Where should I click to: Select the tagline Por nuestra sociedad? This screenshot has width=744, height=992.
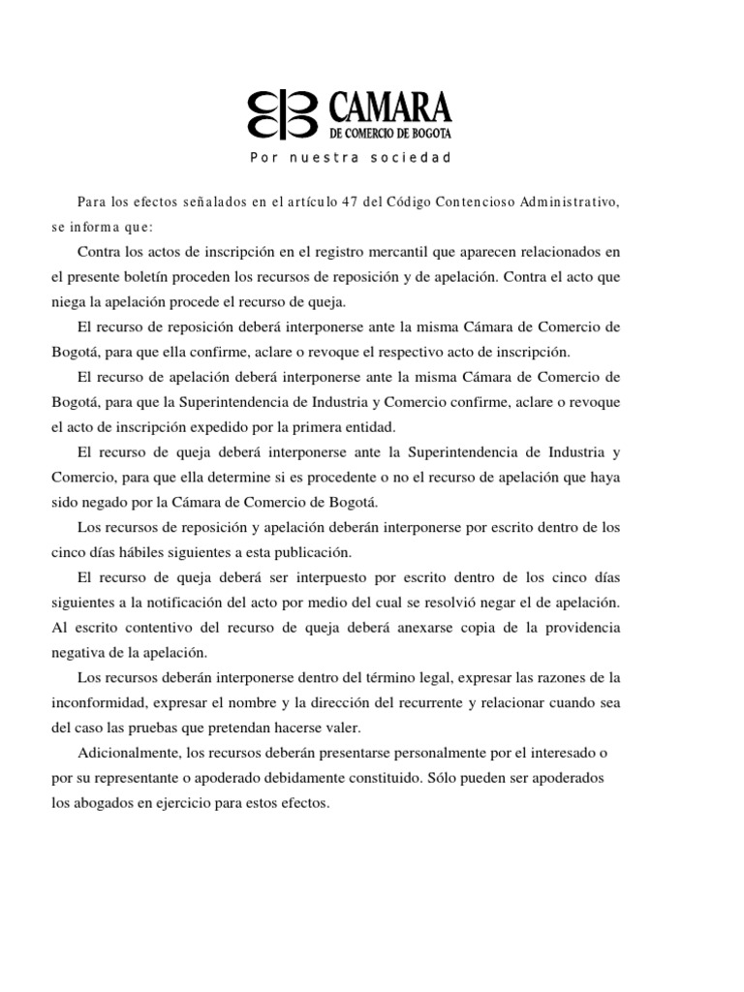coord(352,157)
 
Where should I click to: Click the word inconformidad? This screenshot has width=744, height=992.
coord(99,703)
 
